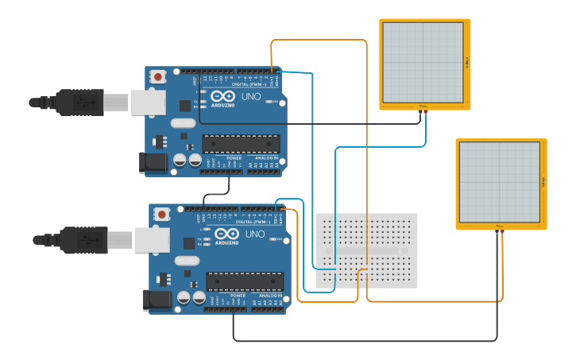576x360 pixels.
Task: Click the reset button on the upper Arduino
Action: point(158,76)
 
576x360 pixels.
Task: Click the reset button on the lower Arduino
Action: point(162,214)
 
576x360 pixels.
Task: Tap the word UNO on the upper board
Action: point(251,96)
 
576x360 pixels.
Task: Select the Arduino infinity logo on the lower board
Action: point(226,234)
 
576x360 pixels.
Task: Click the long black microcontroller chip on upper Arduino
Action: point(241,143)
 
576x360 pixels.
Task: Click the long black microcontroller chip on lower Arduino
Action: point(245,281)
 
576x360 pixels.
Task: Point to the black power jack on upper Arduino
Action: point(154,162)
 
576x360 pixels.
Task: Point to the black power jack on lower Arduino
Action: point(157,300)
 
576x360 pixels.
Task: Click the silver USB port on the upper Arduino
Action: point(148,102)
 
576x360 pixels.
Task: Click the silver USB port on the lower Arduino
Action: point(152,239)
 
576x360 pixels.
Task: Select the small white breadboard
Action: point(366,250)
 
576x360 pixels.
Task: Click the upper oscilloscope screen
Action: point(423,62)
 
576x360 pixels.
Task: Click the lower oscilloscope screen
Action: point(499,182)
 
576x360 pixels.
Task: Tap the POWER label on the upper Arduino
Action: point(234,158)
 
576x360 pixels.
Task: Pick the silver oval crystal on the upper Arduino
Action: point(182,122)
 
